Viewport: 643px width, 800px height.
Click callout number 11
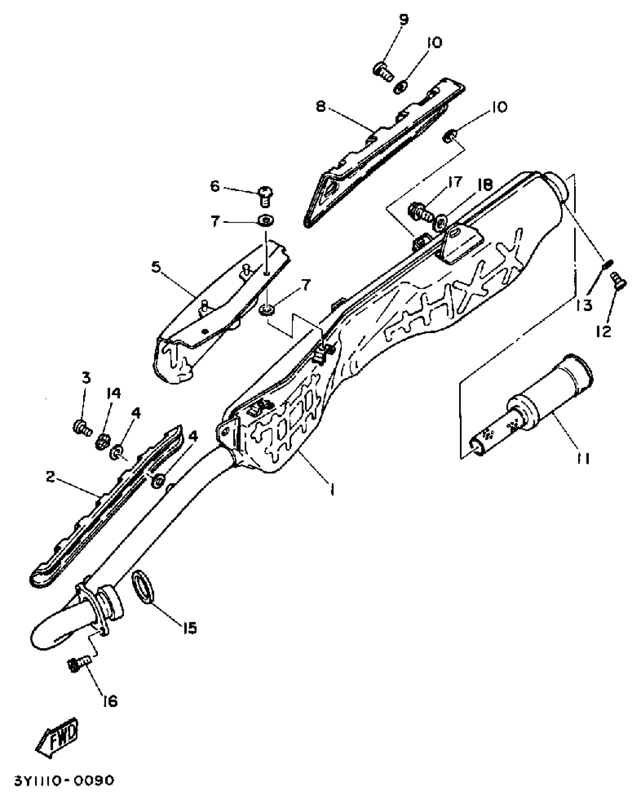tap(583, 459)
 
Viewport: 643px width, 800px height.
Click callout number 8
tap(321, 107)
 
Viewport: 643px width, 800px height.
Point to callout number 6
tap(215, 186)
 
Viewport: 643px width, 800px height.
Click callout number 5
tap(156, 267)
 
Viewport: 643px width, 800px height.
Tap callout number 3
tap(87, 378)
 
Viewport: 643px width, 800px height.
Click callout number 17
tap(454, 182)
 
